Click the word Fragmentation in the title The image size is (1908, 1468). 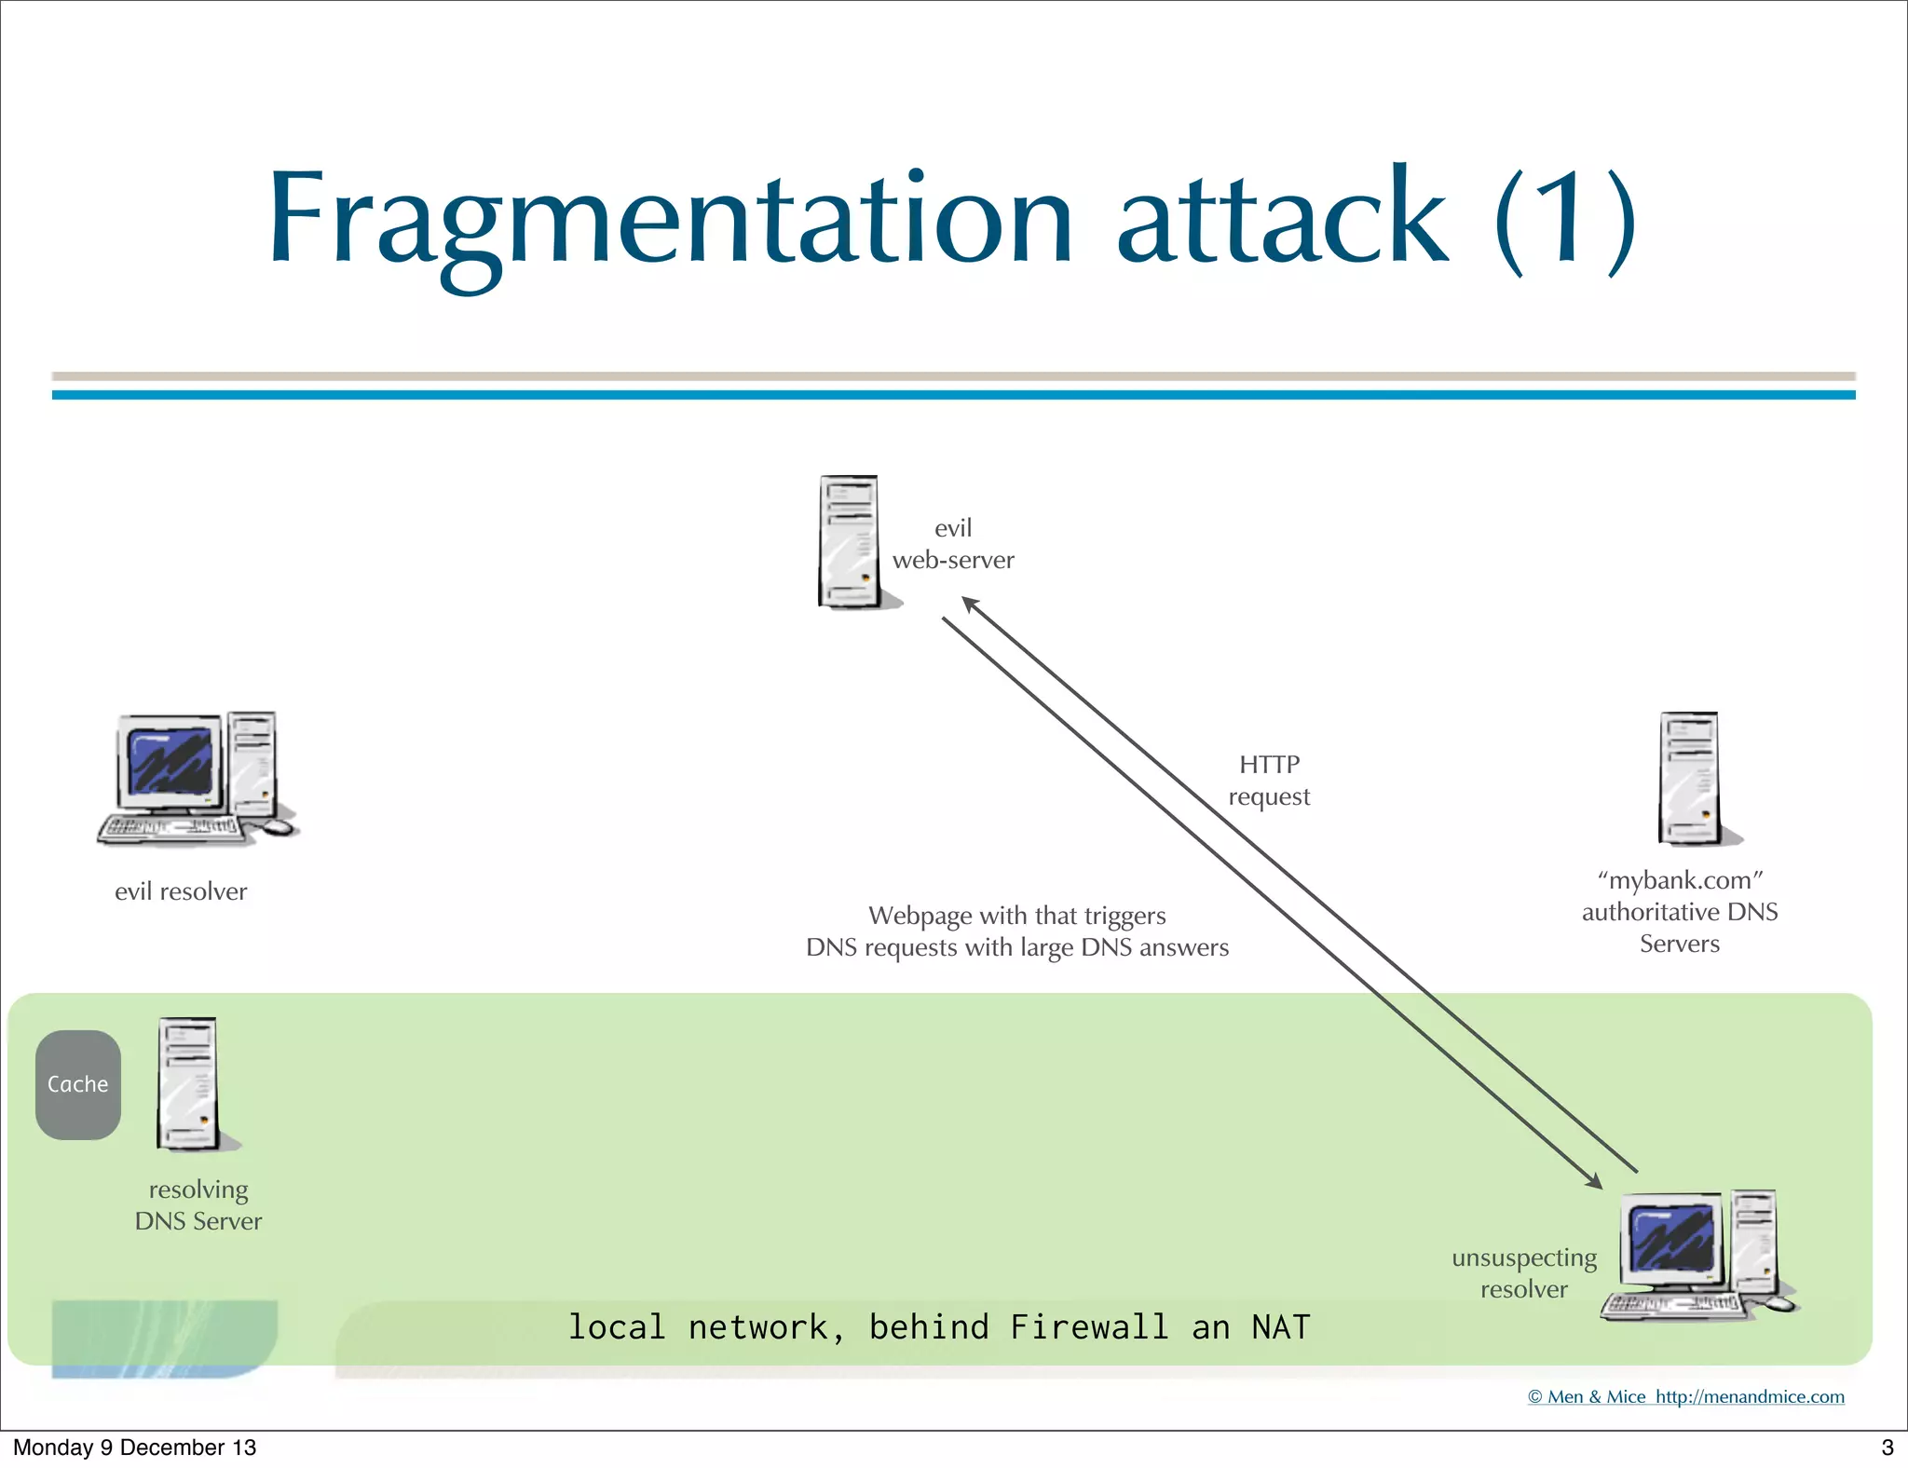pos(671,219)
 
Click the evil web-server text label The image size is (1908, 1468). pos(953,544)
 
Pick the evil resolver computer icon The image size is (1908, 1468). pos(197,779)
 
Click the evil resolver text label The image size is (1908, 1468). pos(181,891)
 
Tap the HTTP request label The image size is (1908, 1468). pos(1269,781)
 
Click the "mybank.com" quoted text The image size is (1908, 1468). pos(1680,880)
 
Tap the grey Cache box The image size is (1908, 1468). pos(78,1084)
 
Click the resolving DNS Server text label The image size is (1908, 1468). pos(198,1205)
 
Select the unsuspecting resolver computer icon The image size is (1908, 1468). pos(1697,1254)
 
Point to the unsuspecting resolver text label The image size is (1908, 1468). pos(1524,1273)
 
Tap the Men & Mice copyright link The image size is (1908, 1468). pos(1685,1396)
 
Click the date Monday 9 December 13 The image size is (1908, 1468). pos(134,1447)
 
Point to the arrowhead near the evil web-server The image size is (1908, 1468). pos(970,605)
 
